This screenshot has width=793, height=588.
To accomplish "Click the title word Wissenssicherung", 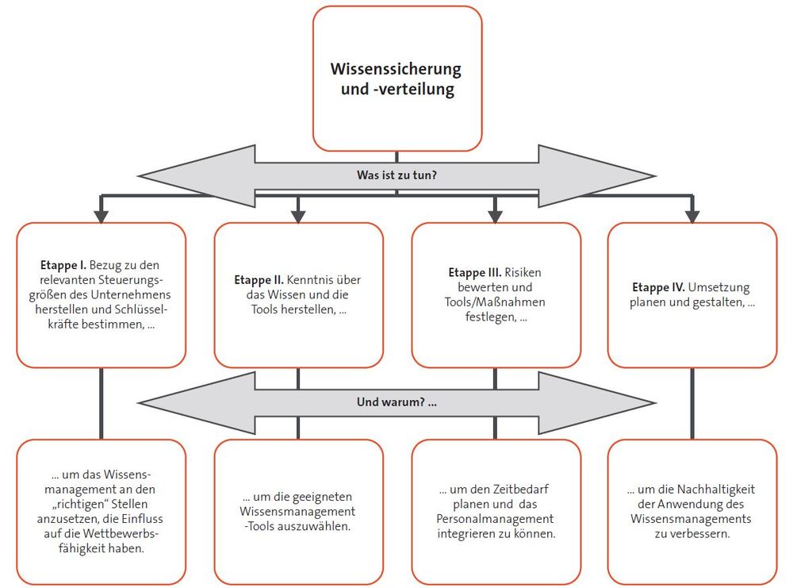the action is pos(396,69).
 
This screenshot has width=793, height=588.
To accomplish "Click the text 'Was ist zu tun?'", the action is pos(396,175).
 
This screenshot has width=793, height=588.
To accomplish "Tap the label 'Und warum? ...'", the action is pos(396,402).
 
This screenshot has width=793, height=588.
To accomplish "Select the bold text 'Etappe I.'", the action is pos(63,265).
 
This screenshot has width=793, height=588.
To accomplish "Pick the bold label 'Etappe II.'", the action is pos(259,280).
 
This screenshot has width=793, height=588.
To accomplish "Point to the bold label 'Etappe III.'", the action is pos(475,273).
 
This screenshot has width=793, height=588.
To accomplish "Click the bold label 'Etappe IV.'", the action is pos(658,287).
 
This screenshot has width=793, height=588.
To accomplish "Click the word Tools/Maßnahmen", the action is pos(495,302).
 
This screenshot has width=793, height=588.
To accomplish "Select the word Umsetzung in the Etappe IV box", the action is pos(719,287).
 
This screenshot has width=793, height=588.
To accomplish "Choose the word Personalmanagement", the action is pos(495,519).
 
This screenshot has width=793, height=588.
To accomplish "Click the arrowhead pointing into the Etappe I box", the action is pos(102,216).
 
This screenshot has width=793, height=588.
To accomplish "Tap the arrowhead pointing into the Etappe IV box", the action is pos(691,216).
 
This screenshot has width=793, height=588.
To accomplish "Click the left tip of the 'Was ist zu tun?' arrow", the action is pos(137,176).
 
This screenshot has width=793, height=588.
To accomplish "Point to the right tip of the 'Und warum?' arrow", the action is pos(656,403).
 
